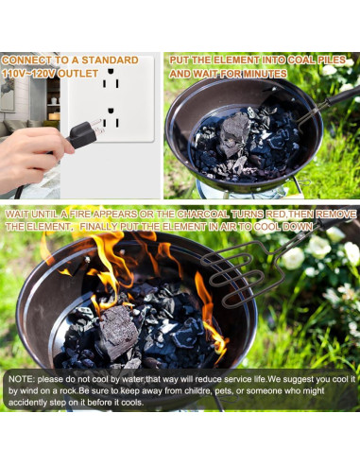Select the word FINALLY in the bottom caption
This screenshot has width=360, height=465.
(109, 228)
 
